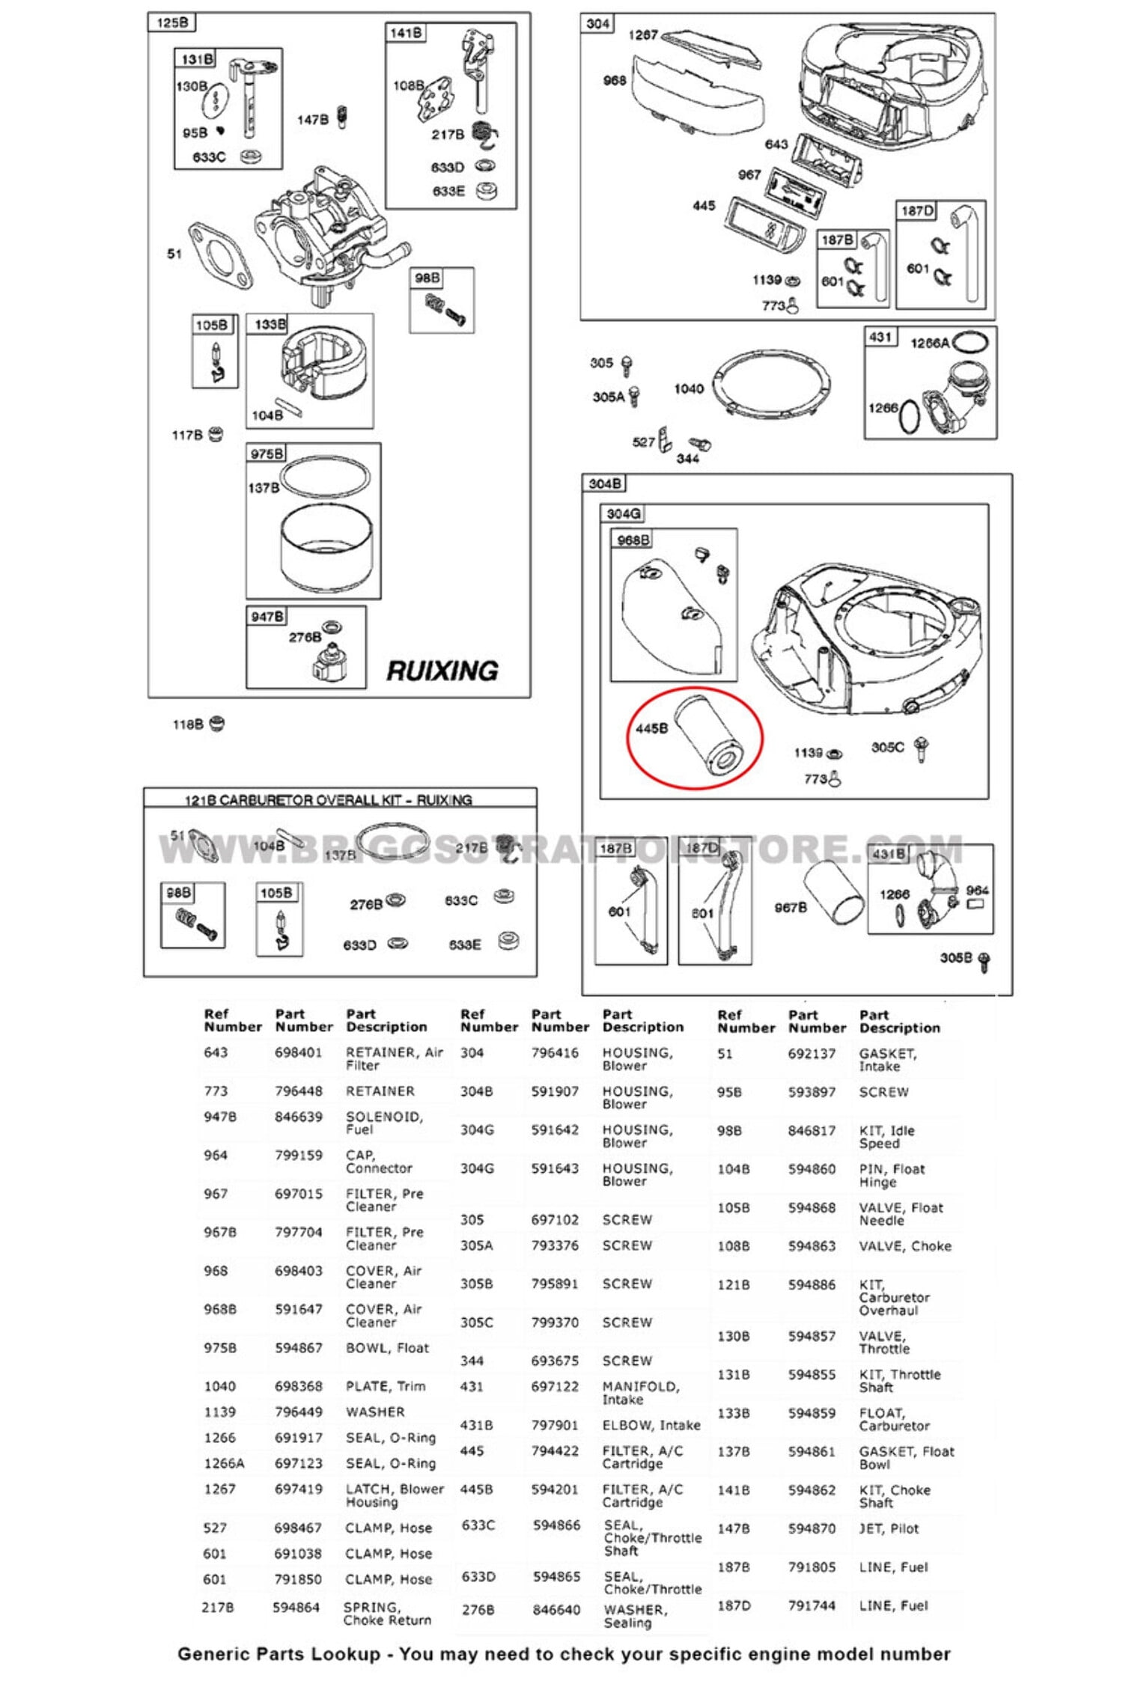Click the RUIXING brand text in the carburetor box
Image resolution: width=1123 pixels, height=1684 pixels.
tap(442, 671)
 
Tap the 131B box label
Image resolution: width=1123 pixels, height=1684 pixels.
tap(197, 59)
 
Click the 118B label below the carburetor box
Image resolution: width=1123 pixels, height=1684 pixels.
tap(188, 724)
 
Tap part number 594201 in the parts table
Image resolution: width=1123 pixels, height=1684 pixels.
tap(555, 1489)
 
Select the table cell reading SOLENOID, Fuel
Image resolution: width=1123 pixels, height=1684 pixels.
tap(384, 1123)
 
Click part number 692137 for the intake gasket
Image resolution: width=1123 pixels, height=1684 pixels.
tap(812, 1054)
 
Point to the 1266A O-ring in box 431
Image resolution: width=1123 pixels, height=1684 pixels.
tap(970, 342)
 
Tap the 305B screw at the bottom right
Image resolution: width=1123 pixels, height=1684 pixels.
tap(984, 960)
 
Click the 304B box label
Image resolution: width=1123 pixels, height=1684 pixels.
tap(604, 483)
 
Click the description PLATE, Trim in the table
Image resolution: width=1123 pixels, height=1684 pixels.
tap(385, 1386)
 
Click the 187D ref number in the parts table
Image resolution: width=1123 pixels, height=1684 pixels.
tap(734, 1605)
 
